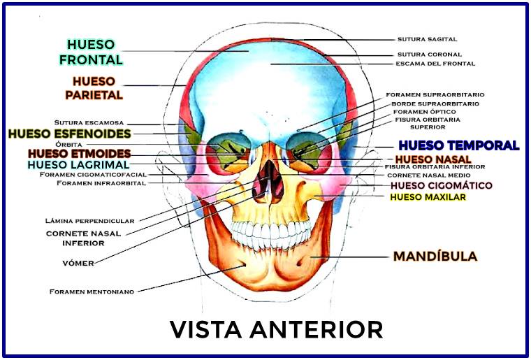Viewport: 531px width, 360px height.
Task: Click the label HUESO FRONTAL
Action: click(91, 52)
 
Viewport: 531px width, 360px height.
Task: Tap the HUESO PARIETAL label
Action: click(94, 87)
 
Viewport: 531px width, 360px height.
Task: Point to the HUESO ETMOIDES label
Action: click(79, 153)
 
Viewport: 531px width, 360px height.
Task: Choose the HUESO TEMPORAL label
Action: click(458, 145)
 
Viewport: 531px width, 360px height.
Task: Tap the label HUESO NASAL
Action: click(427, 159)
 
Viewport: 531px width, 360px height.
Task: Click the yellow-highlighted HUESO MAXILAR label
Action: click(428, 197)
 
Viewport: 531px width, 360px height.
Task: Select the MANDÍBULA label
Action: click(435, 257)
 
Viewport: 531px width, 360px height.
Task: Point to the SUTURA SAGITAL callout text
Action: click(427, 39)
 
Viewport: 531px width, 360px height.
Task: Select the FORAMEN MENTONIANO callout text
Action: click(91, 291)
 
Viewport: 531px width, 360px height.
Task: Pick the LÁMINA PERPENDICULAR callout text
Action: click(89, 221)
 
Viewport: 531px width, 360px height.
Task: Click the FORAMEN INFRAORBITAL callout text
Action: click(101, 183)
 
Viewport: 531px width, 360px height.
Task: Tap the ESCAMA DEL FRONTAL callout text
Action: click(435, 64)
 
